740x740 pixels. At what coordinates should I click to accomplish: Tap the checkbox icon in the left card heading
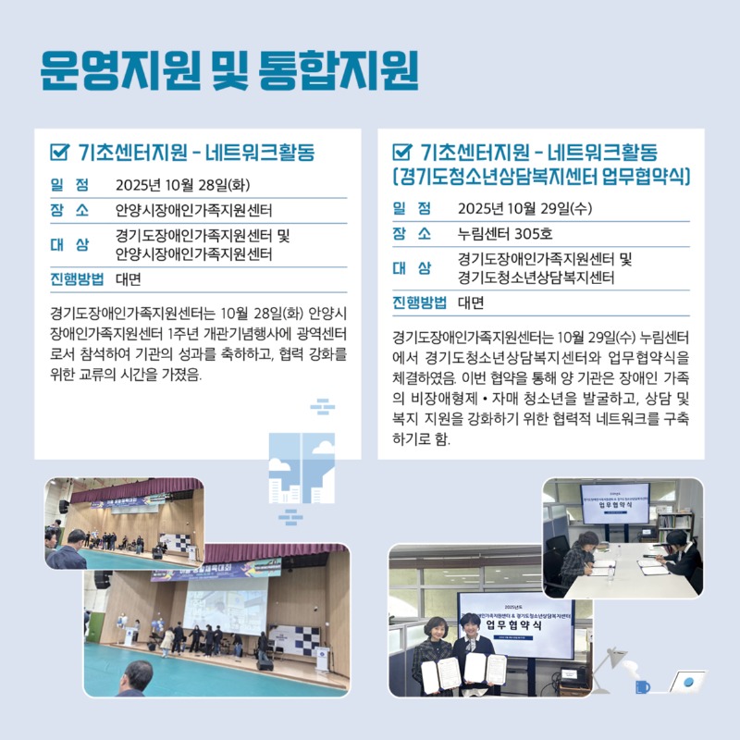click(60, 152)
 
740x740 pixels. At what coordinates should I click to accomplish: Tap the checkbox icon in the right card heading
click(402, 152)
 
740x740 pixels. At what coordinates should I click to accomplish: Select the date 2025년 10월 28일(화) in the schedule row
click(182, 184)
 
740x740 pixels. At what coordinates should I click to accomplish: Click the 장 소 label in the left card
click(69, 210)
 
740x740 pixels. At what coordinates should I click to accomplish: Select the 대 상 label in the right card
click(412, 268)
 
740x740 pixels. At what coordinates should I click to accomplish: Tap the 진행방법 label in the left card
click(76, 278)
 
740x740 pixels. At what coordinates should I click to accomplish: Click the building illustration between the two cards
click(302, 467)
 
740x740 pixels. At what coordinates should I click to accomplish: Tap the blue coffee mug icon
click(642, 686)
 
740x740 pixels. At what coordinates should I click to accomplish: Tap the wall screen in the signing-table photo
click(614, 500)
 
